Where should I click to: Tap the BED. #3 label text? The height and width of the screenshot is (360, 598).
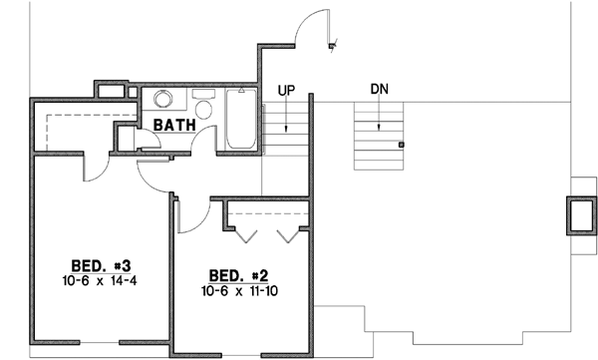[x=104, y=266]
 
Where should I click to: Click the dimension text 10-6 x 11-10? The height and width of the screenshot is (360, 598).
[x=238, y=291]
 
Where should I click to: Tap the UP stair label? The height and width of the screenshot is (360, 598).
[x=286, y=90]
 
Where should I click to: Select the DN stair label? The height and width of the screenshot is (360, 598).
[x=379, y=89]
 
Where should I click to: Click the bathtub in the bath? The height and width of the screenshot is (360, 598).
[x=240, y=121]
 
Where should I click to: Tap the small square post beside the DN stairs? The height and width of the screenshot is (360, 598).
[x=402, y=145]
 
